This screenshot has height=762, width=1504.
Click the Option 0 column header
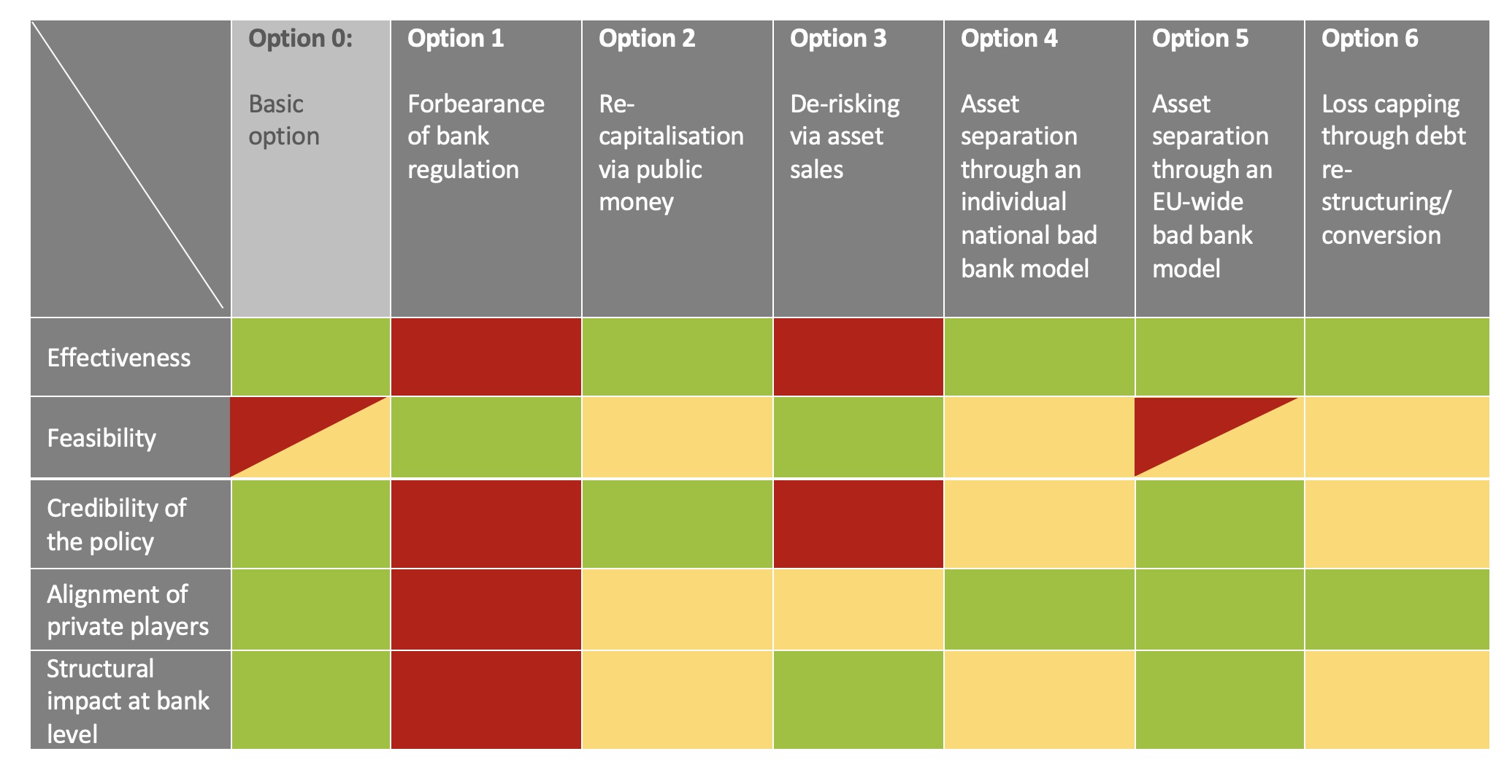(x=300, y=39)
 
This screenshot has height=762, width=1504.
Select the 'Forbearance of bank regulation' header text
(x=476, y=136)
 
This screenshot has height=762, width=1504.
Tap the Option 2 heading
(x=647, y=39)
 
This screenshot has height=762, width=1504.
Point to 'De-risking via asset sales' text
(x=845, y=136)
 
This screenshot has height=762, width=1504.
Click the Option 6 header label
(x=1370, y=39)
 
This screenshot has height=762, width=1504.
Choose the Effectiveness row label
(x=118, y=358)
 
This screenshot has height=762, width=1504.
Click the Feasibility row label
(x=101, y=438)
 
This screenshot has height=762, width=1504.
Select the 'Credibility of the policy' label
(x=116, y=525)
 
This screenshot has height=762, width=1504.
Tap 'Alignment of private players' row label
(x=128, y=610)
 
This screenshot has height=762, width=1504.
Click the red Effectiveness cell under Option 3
(x=858, y=357)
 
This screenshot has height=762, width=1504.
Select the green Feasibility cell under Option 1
(x=486, y=437)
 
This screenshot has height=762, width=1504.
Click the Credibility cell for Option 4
(x=1039, y=524)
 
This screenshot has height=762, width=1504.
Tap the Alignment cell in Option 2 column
(x=677, y=609)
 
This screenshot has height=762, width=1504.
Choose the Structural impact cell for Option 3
(x=858, y=700)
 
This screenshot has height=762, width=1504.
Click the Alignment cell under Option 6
(x=1397, y=609)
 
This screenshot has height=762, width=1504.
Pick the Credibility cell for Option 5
(x=1219, y=524)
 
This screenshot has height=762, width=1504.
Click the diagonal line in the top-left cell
(x=128, y=164)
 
